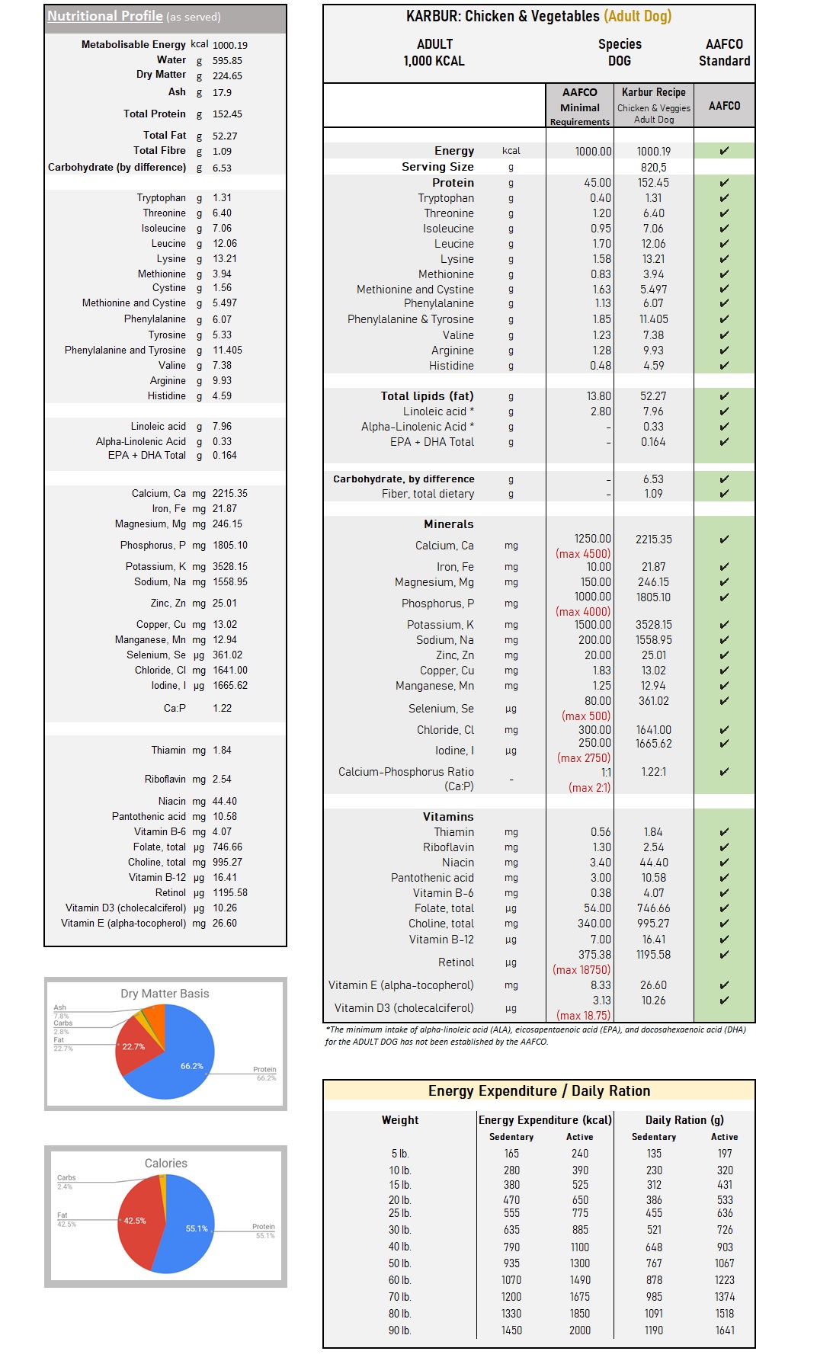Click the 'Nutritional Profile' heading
tap(105, 16)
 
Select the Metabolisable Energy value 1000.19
tap(230, 45)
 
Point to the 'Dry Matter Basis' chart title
tap(165, 994)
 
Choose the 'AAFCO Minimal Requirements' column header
tap(579, 107)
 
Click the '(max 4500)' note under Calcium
tap(583, 554)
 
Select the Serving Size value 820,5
tap(653, 167)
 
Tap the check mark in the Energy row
tap(724, 151)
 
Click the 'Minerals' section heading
tap(449, 524)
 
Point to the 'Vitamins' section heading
tap(448, 817)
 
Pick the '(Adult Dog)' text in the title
tap(638, 16)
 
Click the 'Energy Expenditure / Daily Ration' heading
tap(539, 1091)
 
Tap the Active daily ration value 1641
tap(725, 1330)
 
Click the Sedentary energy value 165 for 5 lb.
tap(511, 1154)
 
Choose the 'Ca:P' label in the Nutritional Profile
tap(175, 709)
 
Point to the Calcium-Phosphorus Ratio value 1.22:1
tap(653, 772)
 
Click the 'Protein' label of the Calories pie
tap(264, 1227)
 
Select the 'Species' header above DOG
tap(620, 44)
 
